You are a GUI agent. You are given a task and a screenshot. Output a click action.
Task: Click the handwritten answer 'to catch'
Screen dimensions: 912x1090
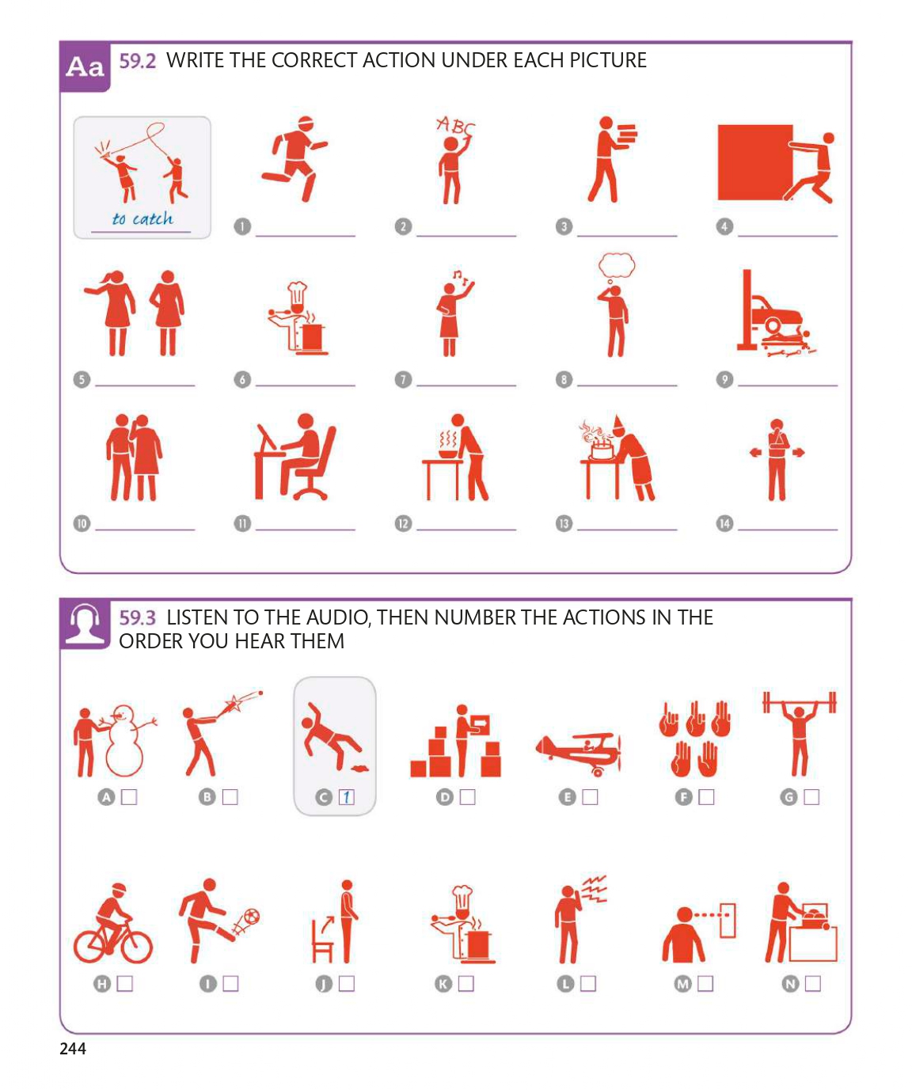tap(142, 218)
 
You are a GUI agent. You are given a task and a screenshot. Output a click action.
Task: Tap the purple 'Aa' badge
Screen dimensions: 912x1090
tap(85, 66)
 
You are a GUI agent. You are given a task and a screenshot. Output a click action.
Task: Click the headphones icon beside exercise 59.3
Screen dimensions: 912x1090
tap(85, 624)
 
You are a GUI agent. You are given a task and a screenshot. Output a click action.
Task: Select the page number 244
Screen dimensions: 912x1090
tap(73, 1048)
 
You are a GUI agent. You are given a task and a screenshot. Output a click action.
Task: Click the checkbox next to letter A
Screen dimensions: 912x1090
tap(129, 796)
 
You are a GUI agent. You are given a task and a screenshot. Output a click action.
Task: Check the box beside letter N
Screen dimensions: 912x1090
tap(812, 983)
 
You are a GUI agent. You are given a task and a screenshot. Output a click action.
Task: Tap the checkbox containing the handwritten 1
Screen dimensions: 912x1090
tap(346, 796)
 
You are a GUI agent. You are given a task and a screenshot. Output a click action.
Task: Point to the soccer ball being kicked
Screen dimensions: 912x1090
tap(251, 916)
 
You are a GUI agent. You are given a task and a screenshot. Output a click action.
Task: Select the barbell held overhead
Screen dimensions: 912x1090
tap(800, 702)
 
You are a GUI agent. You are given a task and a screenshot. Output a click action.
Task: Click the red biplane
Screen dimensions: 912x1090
tap(579, 752)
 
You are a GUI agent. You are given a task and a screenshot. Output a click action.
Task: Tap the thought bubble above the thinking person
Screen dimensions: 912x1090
tap(617, 265)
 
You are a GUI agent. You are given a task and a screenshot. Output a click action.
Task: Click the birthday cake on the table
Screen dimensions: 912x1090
tap(602, 450)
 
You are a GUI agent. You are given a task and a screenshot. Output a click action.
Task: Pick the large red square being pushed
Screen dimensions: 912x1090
tap(755, 162)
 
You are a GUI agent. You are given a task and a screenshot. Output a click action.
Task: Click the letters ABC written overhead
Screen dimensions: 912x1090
tap(455, 126)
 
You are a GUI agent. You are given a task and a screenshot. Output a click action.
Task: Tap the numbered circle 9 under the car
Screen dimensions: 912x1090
tap(724, 379)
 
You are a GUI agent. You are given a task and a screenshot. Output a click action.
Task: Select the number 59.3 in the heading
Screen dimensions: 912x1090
tap(137, 618)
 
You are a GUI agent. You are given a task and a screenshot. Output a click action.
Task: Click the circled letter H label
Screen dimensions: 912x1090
tap(102, 984)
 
